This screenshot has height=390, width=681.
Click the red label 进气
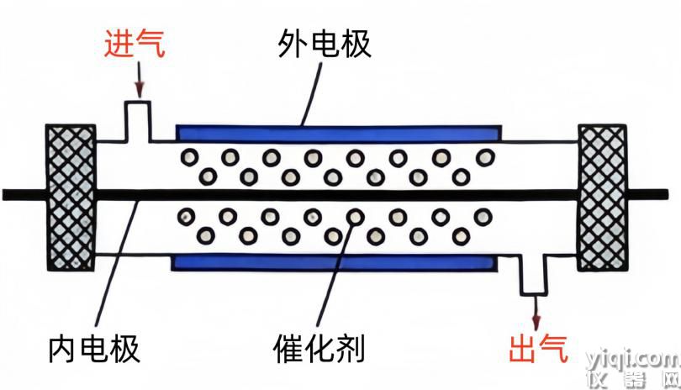(135, 44)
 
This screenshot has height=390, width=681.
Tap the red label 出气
(538, 348)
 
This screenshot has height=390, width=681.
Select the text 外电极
(325, 44)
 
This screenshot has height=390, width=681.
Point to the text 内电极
(94, 348)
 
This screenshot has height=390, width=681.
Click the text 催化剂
(319, 348)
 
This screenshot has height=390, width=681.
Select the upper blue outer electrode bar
(339, 134)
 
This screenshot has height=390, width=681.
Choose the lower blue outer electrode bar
(335, 263)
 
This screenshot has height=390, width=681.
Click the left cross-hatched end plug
(71, 198)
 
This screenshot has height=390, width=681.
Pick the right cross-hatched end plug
(602, 198)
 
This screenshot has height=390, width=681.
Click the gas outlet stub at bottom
(534, 275)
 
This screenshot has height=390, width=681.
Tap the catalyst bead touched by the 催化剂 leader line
(356, 216)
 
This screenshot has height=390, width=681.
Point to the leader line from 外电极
(312, 94)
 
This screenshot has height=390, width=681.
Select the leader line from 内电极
(116, 264)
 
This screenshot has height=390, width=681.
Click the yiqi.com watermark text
(633, 360)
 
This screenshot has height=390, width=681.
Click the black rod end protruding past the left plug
(24, 195)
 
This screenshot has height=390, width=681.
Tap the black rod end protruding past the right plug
(647, 194)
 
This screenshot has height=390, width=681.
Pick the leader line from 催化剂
(336, 271)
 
